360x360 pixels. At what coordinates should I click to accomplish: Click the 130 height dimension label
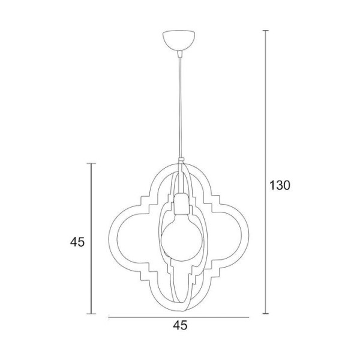[x=280, y=185]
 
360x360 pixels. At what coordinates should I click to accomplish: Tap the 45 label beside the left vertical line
[x=77, y=242]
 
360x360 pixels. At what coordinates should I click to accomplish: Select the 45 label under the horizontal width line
[x=180, y=325]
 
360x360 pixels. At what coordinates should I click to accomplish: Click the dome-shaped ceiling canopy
[x=179, y=41]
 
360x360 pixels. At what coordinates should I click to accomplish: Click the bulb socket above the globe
[x=182, y=203]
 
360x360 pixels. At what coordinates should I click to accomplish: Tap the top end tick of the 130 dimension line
[x=266, y=31]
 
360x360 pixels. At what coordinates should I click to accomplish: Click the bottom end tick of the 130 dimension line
[x=266, y=313]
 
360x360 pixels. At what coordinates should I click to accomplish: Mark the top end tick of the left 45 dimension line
[x=91, y=163]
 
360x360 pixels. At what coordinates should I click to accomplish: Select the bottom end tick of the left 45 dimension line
[x=91, y=314]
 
